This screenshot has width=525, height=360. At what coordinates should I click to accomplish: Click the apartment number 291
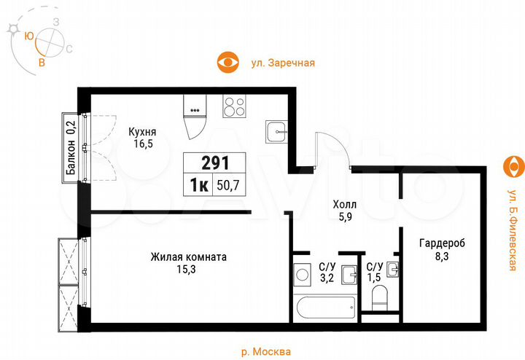click(215, 163)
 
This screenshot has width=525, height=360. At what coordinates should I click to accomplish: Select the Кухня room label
click(142, 138)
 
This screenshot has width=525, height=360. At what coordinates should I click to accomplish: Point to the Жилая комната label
click(189, 263)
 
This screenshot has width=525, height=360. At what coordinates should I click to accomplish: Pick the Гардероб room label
click(443, 250)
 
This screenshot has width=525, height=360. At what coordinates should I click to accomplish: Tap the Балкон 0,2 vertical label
click(71, 149)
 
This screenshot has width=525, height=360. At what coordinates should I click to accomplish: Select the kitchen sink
click(277, 133)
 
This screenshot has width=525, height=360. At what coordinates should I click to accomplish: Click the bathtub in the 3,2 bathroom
click(326, 306)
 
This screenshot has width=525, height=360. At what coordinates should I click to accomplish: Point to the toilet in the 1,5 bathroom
click(379, 297)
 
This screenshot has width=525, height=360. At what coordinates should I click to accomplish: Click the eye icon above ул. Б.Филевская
click(515, 166)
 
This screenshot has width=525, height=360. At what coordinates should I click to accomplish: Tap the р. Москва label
click(265, 351)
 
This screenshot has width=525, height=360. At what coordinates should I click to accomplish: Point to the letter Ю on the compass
click(29, 35)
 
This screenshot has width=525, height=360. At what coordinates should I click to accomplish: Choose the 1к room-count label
click(198, 185)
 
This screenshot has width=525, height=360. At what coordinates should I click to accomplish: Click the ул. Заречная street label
click(283, 63)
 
